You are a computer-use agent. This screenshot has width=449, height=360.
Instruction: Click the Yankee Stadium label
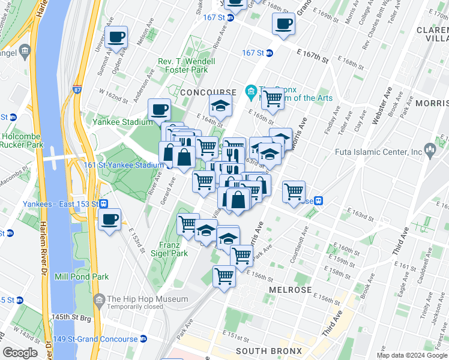click(123, 122)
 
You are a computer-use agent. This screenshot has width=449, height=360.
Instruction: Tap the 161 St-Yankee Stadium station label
click(124, 165)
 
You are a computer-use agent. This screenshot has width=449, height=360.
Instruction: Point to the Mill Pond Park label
click(82, 277)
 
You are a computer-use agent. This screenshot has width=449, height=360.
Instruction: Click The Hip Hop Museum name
click(146, 299)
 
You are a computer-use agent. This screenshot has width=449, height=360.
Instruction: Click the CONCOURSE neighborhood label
click(208, 92)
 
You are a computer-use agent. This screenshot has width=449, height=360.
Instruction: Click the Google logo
click(20, 353)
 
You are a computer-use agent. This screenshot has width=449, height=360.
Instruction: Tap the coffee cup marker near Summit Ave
click(116, 37)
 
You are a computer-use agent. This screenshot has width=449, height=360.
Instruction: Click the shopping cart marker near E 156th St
click(224, 277)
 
